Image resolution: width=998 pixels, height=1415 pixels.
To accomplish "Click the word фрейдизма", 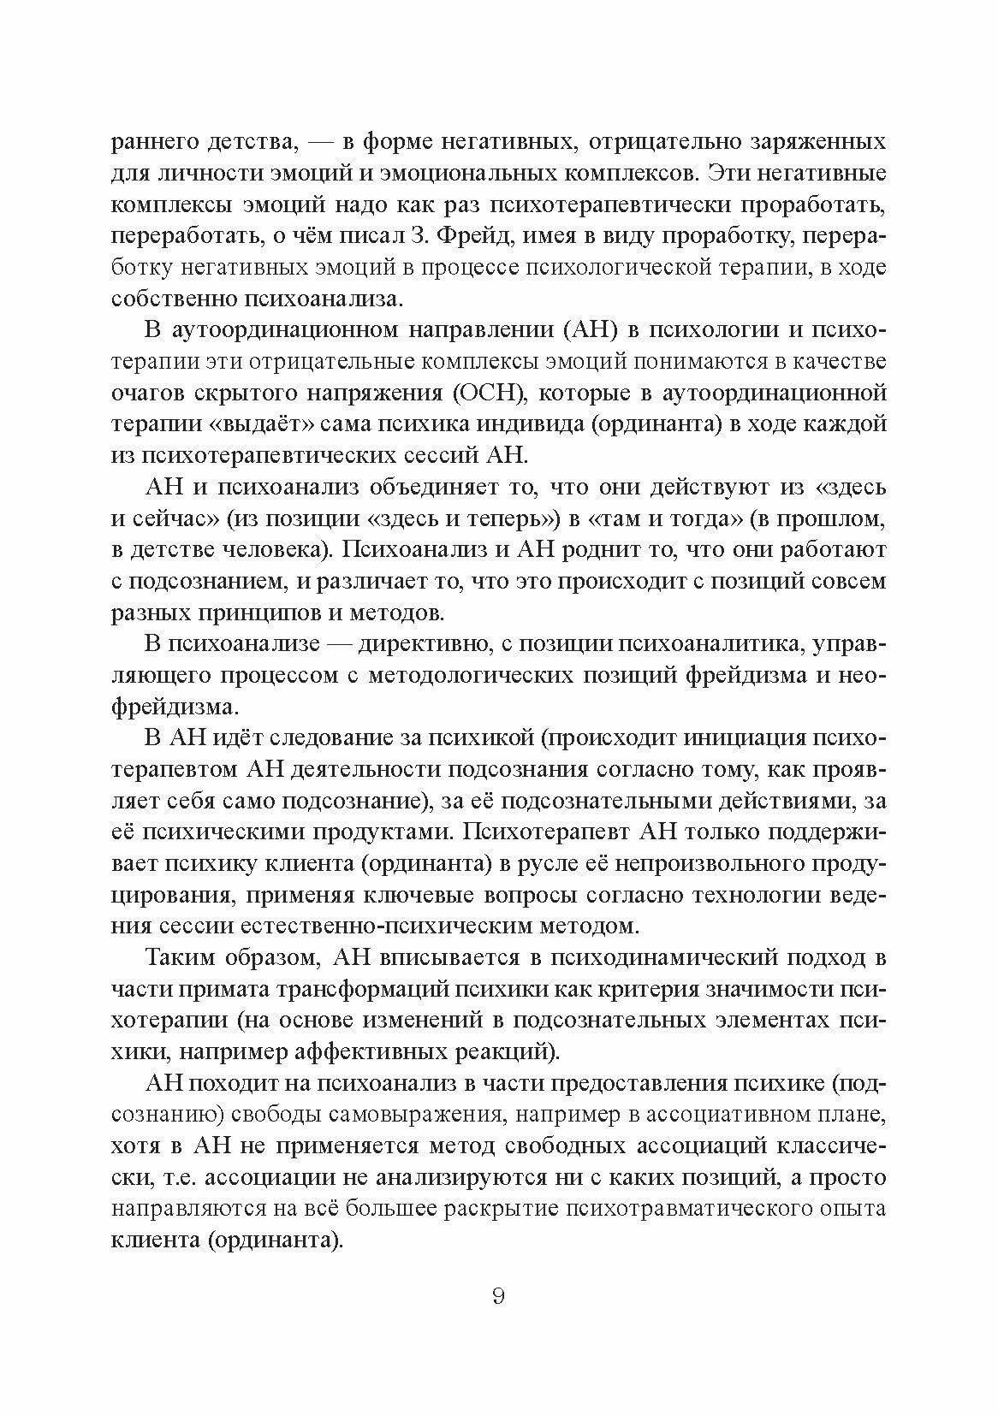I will [x=739, y=675].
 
